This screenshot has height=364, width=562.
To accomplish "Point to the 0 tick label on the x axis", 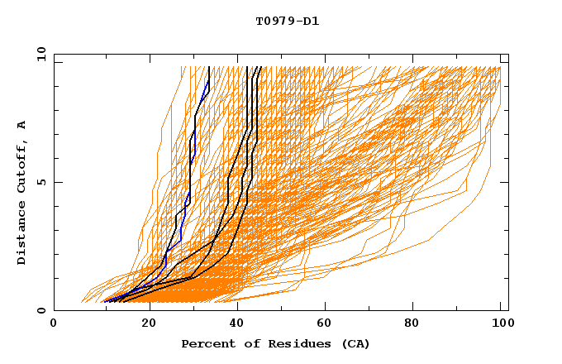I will (55, 324).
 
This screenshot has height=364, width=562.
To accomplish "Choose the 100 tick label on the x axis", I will (501, 324).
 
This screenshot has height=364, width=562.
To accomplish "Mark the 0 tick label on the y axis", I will (41, 311).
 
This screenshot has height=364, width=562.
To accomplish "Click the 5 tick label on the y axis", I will (41, 182).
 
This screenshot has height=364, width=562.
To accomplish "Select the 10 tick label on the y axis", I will (39, 54).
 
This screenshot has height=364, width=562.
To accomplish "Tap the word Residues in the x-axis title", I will (288, 343).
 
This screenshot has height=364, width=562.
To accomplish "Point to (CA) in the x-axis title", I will (354, 343).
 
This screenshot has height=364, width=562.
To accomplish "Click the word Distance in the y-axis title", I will (22, 234).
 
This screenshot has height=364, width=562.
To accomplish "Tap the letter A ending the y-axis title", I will (22, 124).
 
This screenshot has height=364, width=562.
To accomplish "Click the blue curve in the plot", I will (190, 165).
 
